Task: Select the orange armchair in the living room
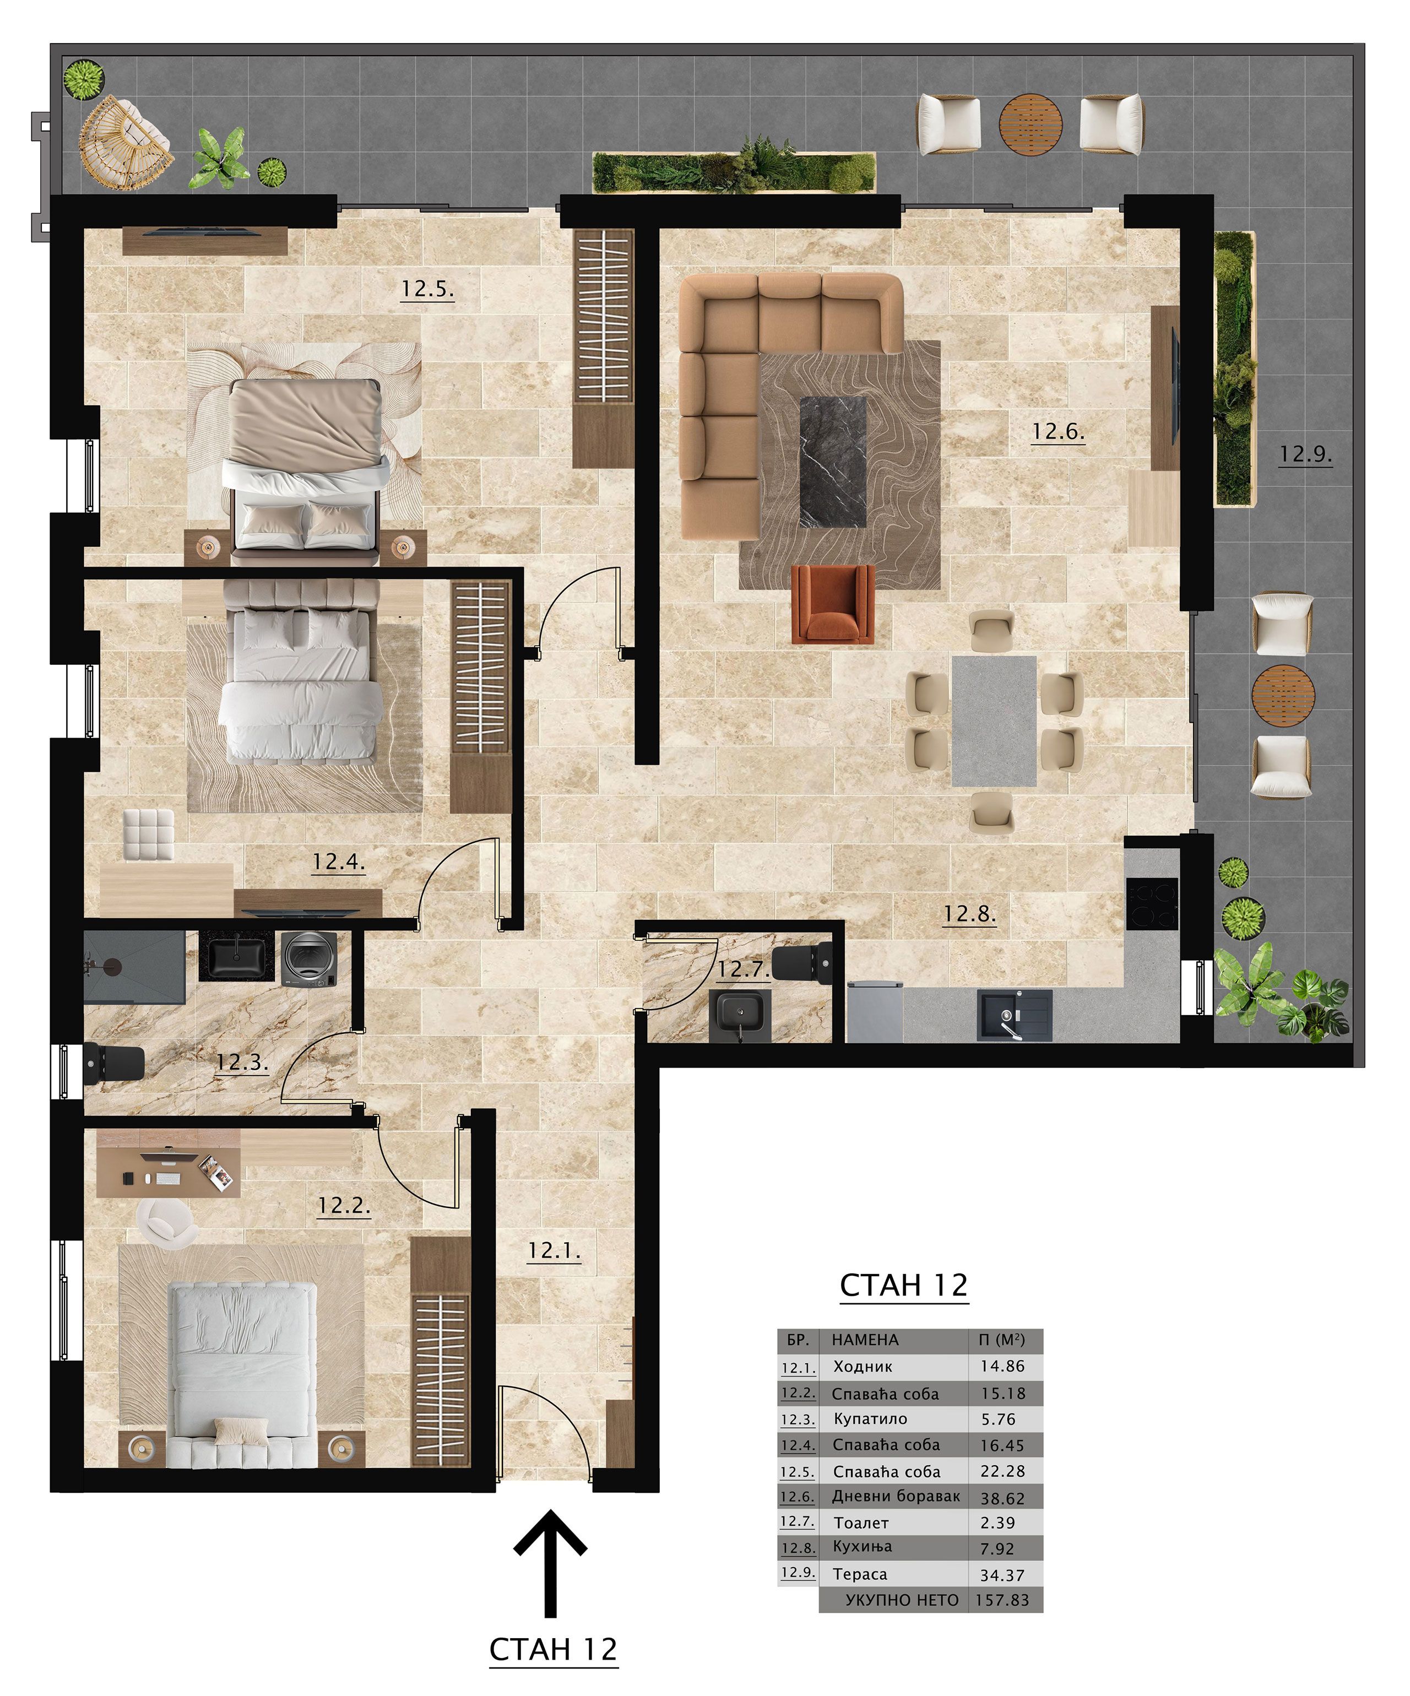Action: pos(833,604)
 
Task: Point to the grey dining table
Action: pos(994,720)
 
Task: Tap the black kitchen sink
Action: pos(1015,1015)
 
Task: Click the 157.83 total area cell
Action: pos(1002,1600)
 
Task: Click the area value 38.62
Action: pos(1002,1498)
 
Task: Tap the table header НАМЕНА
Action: pos(865,1340)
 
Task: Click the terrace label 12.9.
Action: pos(1305,454)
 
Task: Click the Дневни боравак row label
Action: pos(896,1497)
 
